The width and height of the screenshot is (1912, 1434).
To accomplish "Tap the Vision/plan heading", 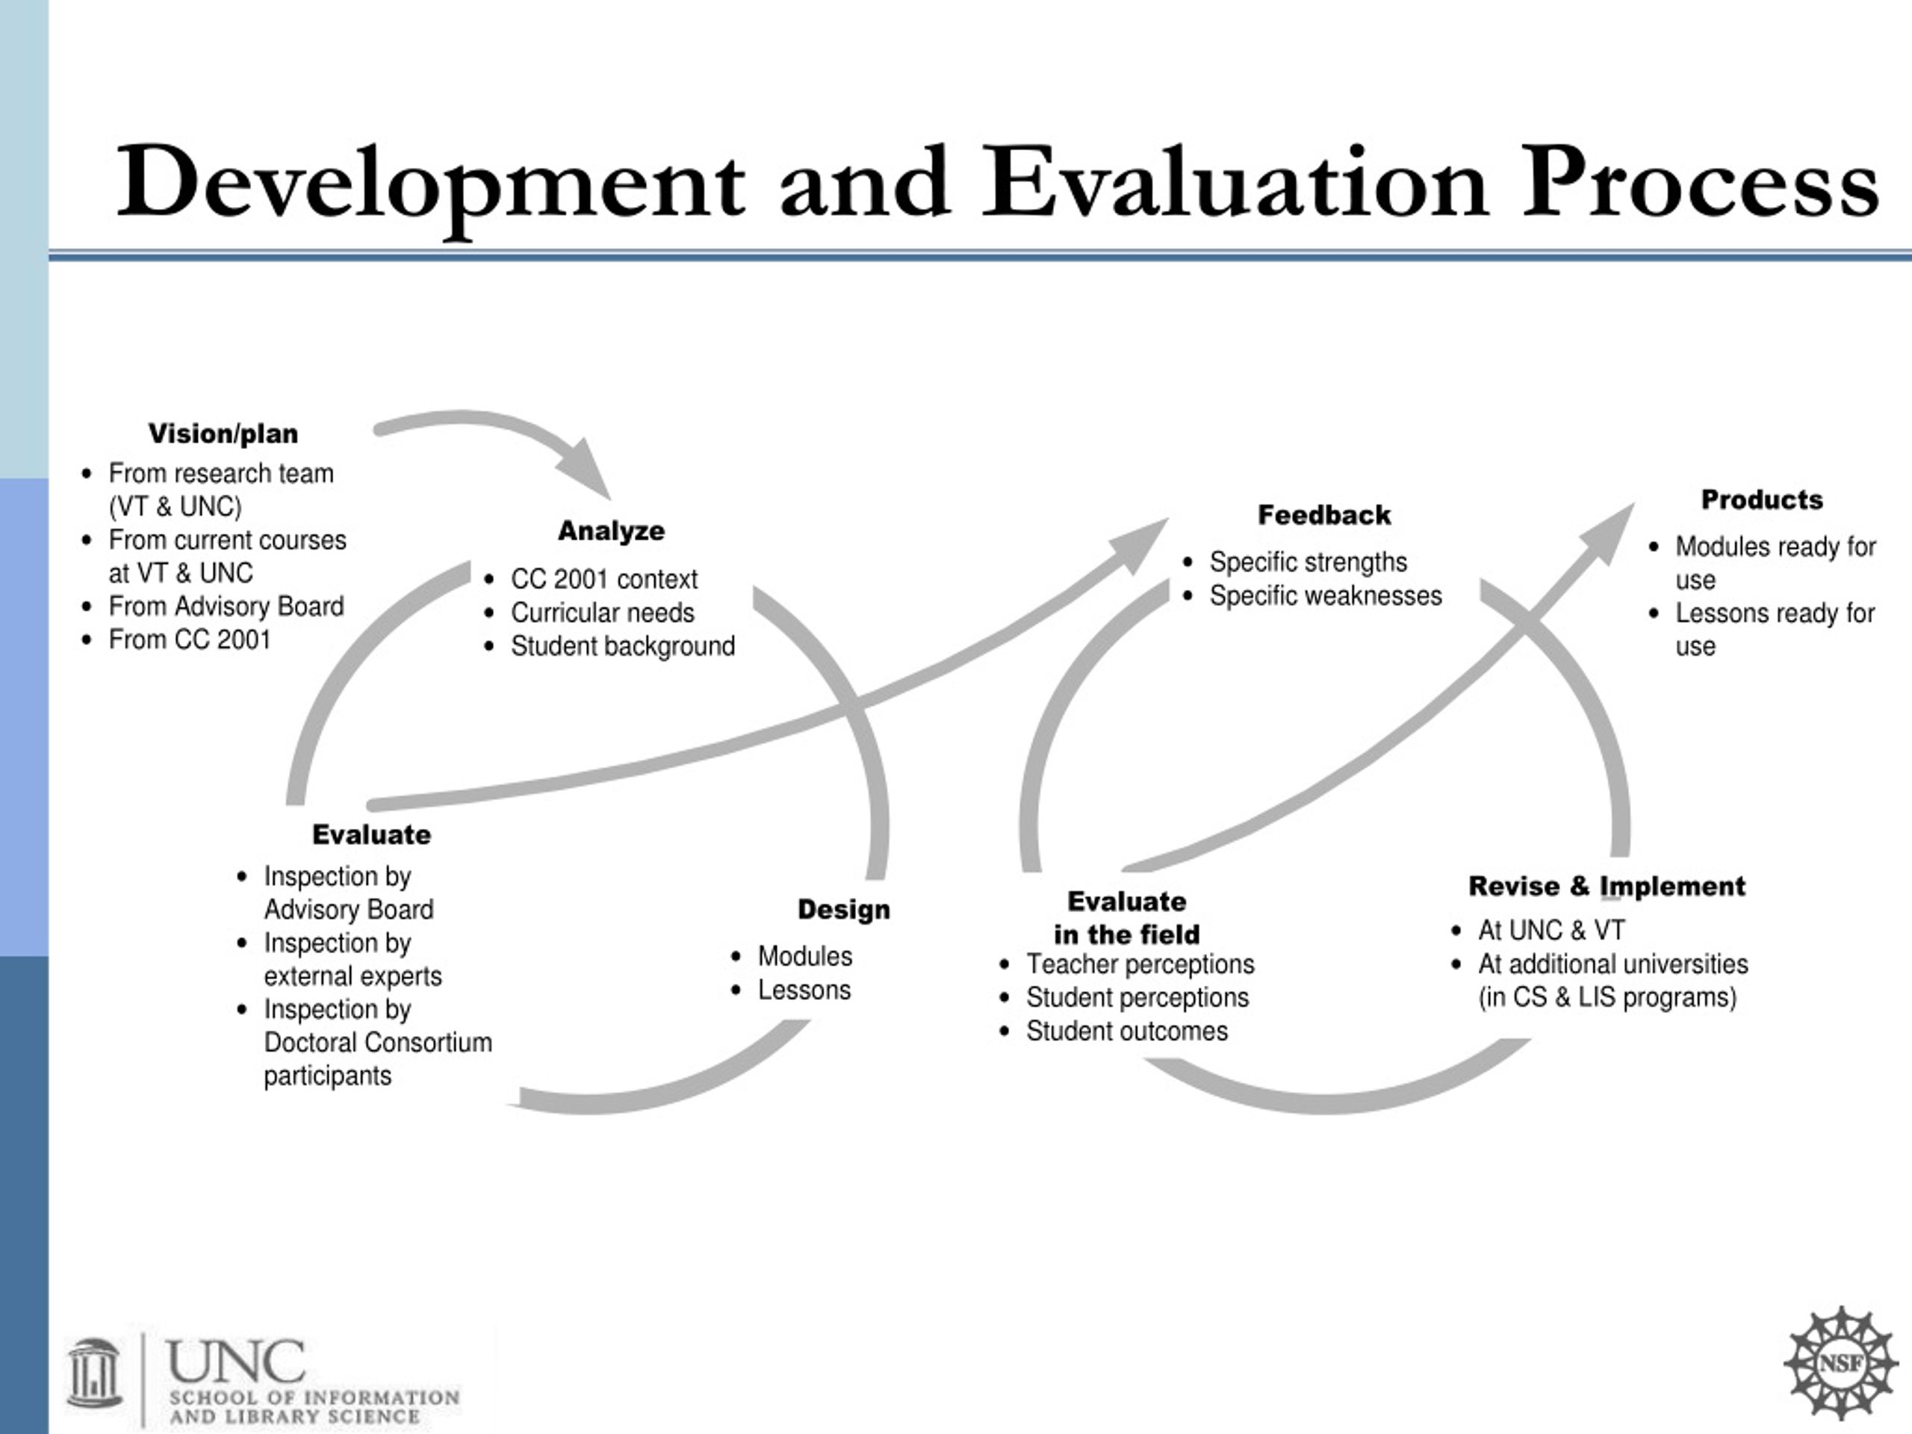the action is [x=223, y=433].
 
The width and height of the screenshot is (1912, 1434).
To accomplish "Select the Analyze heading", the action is [x=611, y=531].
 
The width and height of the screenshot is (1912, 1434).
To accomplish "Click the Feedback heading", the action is [x=1324, y=515].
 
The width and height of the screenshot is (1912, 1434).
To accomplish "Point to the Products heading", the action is [x=1762, y=500].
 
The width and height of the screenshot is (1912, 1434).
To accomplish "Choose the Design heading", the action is [x=844, y=910].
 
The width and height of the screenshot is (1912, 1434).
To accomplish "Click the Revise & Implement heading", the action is [x=1607, y=886].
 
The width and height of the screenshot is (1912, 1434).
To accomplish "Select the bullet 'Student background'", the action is [x=622, y=647].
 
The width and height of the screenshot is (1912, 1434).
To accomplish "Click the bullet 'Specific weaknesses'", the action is [x=1325, y=595].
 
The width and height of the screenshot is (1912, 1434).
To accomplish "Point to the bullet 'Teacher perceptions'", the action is [x=1140, y=963].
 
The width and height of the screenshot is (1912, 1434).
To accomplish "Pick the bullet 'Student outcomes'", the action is [x=1126, y=1031].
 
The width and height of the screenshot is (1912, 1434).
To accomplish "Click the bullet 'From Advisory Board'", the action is [x=226, y=606].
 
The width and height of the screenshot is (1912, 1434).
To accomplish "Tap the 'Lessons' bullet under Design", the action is [x=804, y=990].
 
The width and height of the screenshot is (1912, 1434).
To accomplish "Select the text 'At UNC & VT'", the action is [x=1551, y=930].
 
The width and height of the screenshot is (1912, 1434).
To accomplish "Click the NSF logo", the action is [x=1841, y=1363].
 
